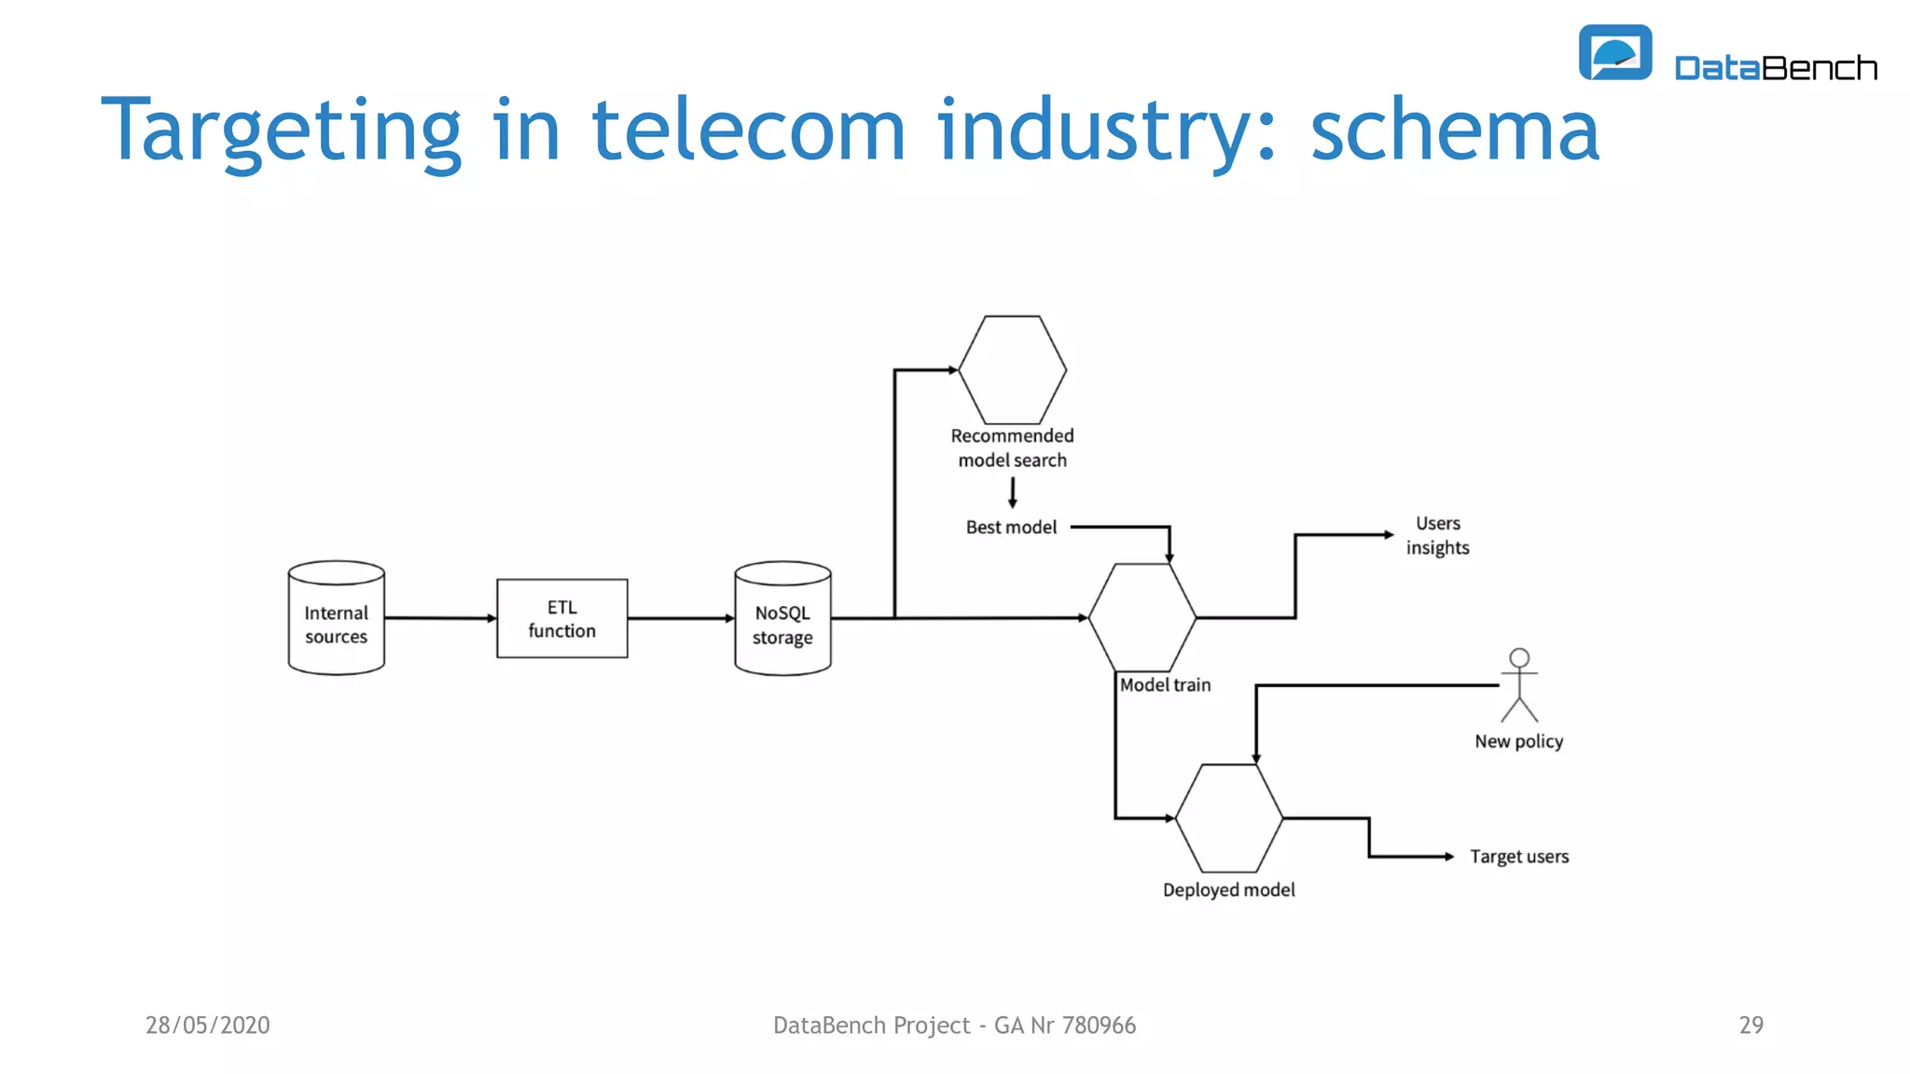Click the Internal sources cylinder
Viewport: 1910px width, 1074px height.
pyautogui.click(x=336, y=618)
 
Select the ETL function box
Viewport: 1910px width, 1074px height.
pyautogui.click(x=561, y=618)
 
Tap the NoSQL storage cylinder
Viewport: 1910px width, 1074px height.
pyautogui.click(x=782, y=618)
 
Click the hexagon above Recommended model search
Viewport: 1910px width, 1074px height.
pyautogui.click(x=1012, y=370)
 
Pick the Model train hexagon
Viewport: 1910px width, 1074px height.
pyautogui.click(x=1142, y=617)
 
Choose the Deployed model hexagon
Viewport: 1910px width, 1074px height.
pyautogui.click(x=1228, y=819)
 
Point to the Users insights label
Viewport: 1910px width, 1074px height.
pyautogui.click(x=1437, y=536)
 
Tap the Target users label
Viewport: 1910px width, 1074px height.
pyautogui.click(x=1518, y=856)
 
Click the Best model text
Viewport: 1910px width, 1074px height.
pyautogui.click(x=1011, y=528)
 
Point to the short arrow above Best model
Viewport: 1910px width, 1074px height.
pyautogui.click(x=1012, y=492)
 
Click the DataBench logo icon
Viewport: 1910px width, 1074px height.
pyautogui.click(x=1614, y=53)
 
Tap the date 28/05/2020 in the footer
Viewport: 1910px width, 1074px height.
pyautogui.click(x=207, y=1026)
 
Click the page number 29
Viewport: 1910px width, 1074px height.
pyautogui.click(x=1751, y=1026)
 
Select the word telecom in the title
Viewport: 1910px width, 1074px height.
pyautogui.click(x=748, y=131)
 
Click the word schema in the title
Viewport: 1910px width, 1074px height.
pyautogui.click(x=1454, y=131)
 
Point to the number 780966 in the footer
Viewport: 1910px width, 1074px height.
pyautogui.click(x=1099, y=1026)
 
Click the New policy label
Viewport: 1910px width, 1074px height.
pyautogui.click(x=1518, y=741)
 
